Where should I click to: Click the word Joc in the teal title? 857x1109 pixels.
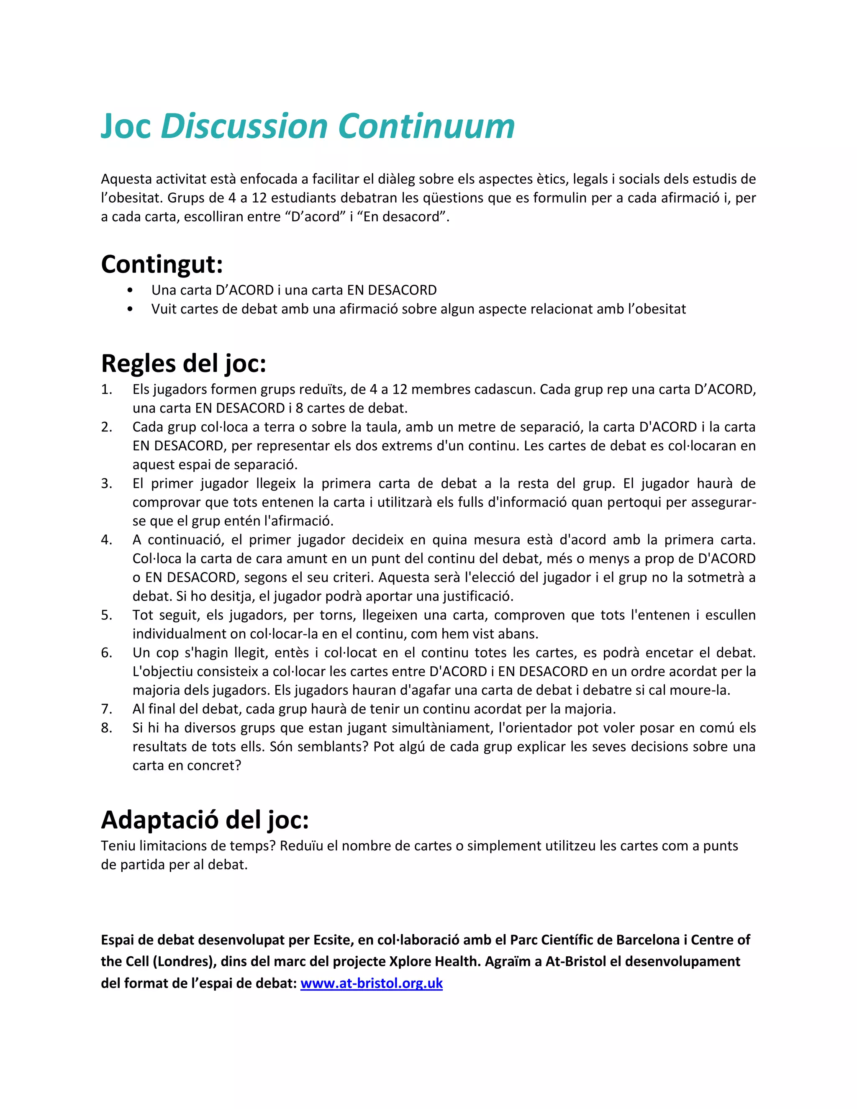[126, 126]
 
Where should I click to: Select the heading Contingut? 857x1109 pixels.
[162, 264]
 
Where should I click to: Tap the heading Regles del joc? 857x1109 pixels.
[183, 364]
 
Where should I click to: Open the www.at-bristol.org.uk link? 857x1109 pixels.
[371, 983]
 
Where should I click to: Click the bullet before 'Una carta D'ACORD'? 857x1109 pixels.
[130, 290]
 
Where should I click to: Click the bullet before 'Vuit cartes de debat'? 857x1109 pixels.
[130, 309]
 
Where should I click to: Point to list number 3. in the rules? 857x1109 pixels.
[106, 483]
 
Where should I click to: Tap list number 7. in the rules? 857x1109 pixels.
[106, 709]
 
